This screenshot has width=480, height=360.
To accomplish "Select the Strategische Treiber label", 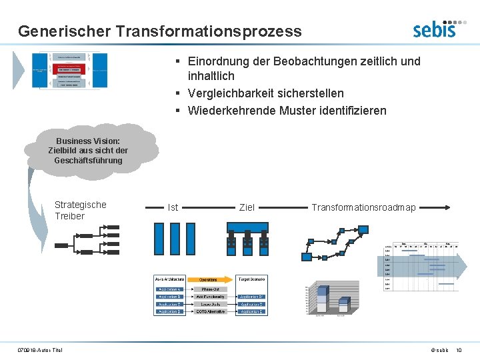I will coord(80,211).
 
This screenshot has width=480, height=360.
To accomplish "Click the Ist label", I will coord(173,208).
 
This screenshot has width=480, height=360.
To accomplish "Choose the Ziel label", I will coord(247,208).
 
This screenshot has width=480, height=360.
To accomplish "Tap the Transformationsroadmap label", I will coord(363,208).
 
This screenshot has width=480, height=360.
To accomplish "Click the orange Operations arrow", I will coord(209,279).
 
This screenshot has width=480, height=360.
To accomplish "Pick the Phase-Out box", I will coord(209,289).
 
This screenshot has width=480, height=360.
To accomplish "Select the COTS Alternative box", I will coord(209,311).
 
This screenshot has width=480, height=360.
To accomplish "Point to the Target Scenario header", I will coord(253,279).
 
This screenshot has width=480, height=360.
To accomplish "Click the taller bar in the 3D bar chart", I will coord(323,299).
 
